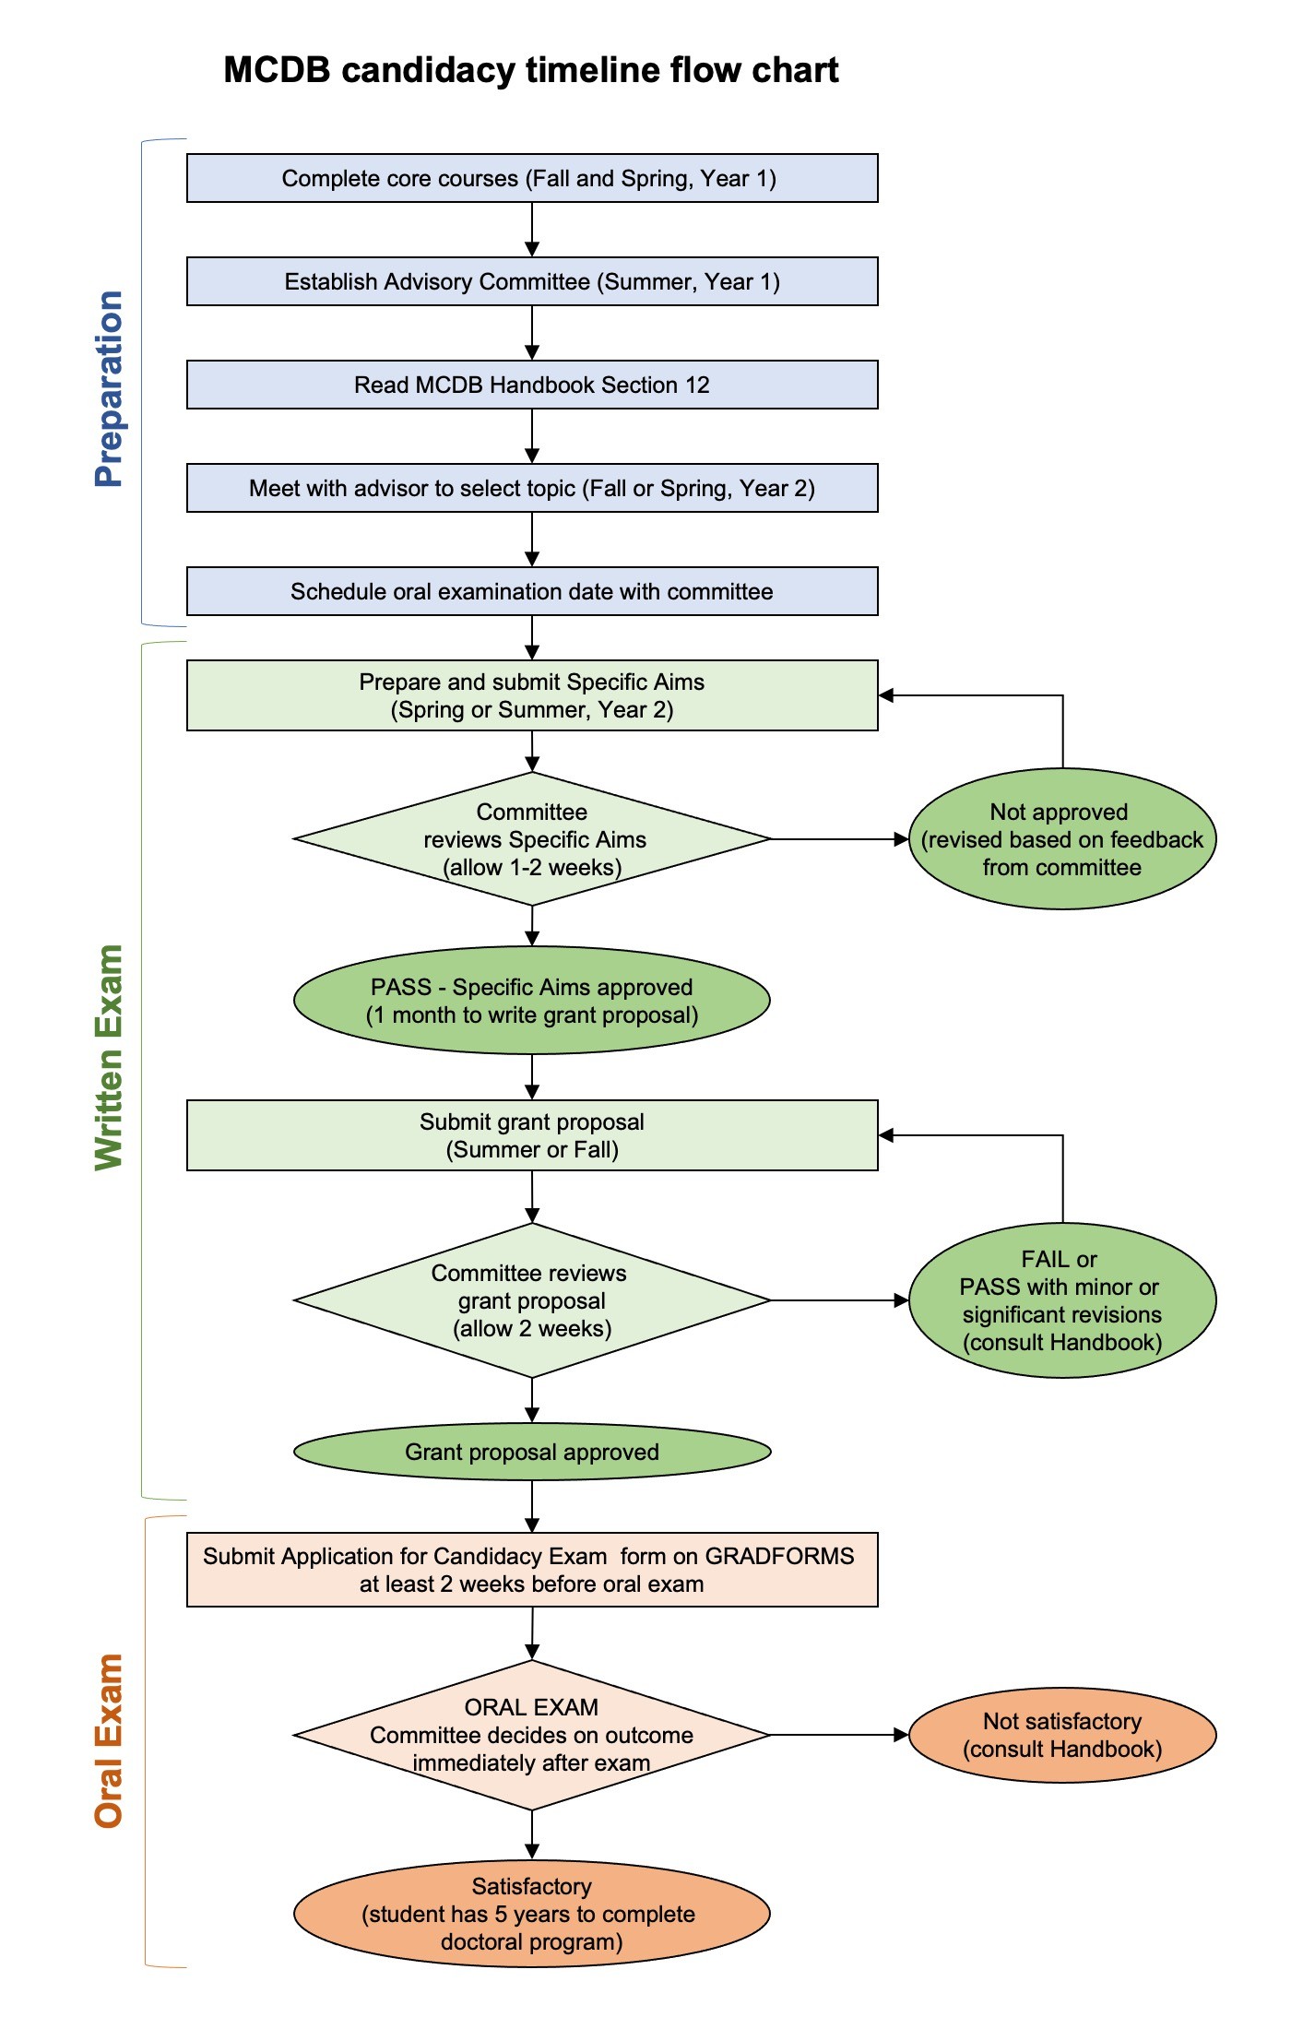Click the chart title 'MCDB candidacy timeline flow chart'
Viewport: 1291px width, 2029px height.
click(531, 70)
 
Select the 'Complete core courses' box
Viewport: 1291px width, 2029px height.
click(531, 178)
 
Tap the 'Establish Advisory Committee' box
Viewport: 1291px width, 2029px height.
click(531, 281)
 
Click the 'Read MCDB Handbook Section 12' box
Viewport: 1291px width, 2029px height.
click(531, 385)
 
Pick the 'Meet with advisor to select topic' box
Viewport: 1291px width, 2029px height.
click(531, 488)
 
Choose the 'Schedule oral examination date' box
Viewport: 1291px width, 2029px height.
click(531, 591)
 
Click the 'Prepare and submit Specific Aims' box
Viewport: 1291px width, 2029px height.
click(531, 695)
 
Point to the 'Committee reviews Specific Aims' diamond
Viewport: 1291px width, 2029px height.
click(531, 839)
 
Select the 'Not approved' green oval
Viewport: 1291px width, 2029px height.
click(1062, 839)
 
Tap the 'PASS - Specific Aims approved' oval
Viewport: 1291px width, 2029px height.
click(531, 1001)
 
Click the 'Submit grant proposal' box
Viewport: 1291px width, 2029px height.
click(531, 1135)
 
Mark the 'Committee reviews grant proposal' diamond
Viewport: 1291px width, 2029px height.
click(531, 1300)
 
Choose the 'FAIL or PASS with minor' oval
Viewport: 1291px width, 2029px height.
click(1062, 1300)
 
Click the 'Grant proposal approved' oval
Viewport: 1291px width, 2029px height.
click(531, 1452)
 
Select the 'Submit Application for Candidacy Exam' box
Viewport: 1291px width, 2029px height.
click(531, 1570)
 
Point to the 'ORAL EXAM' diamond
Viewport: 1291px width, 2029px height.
click(531, 1735)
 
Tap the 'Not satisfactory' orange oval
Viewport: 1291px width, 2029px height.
click(1062, 1735)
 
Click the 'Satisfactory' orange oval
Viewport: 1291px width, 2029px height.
click(531, 1914)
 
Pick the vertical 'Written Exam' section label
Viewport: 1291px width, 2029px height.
click(109, 1057)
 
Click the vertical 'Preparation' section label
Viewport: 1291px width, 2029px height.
click(109, 388)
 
